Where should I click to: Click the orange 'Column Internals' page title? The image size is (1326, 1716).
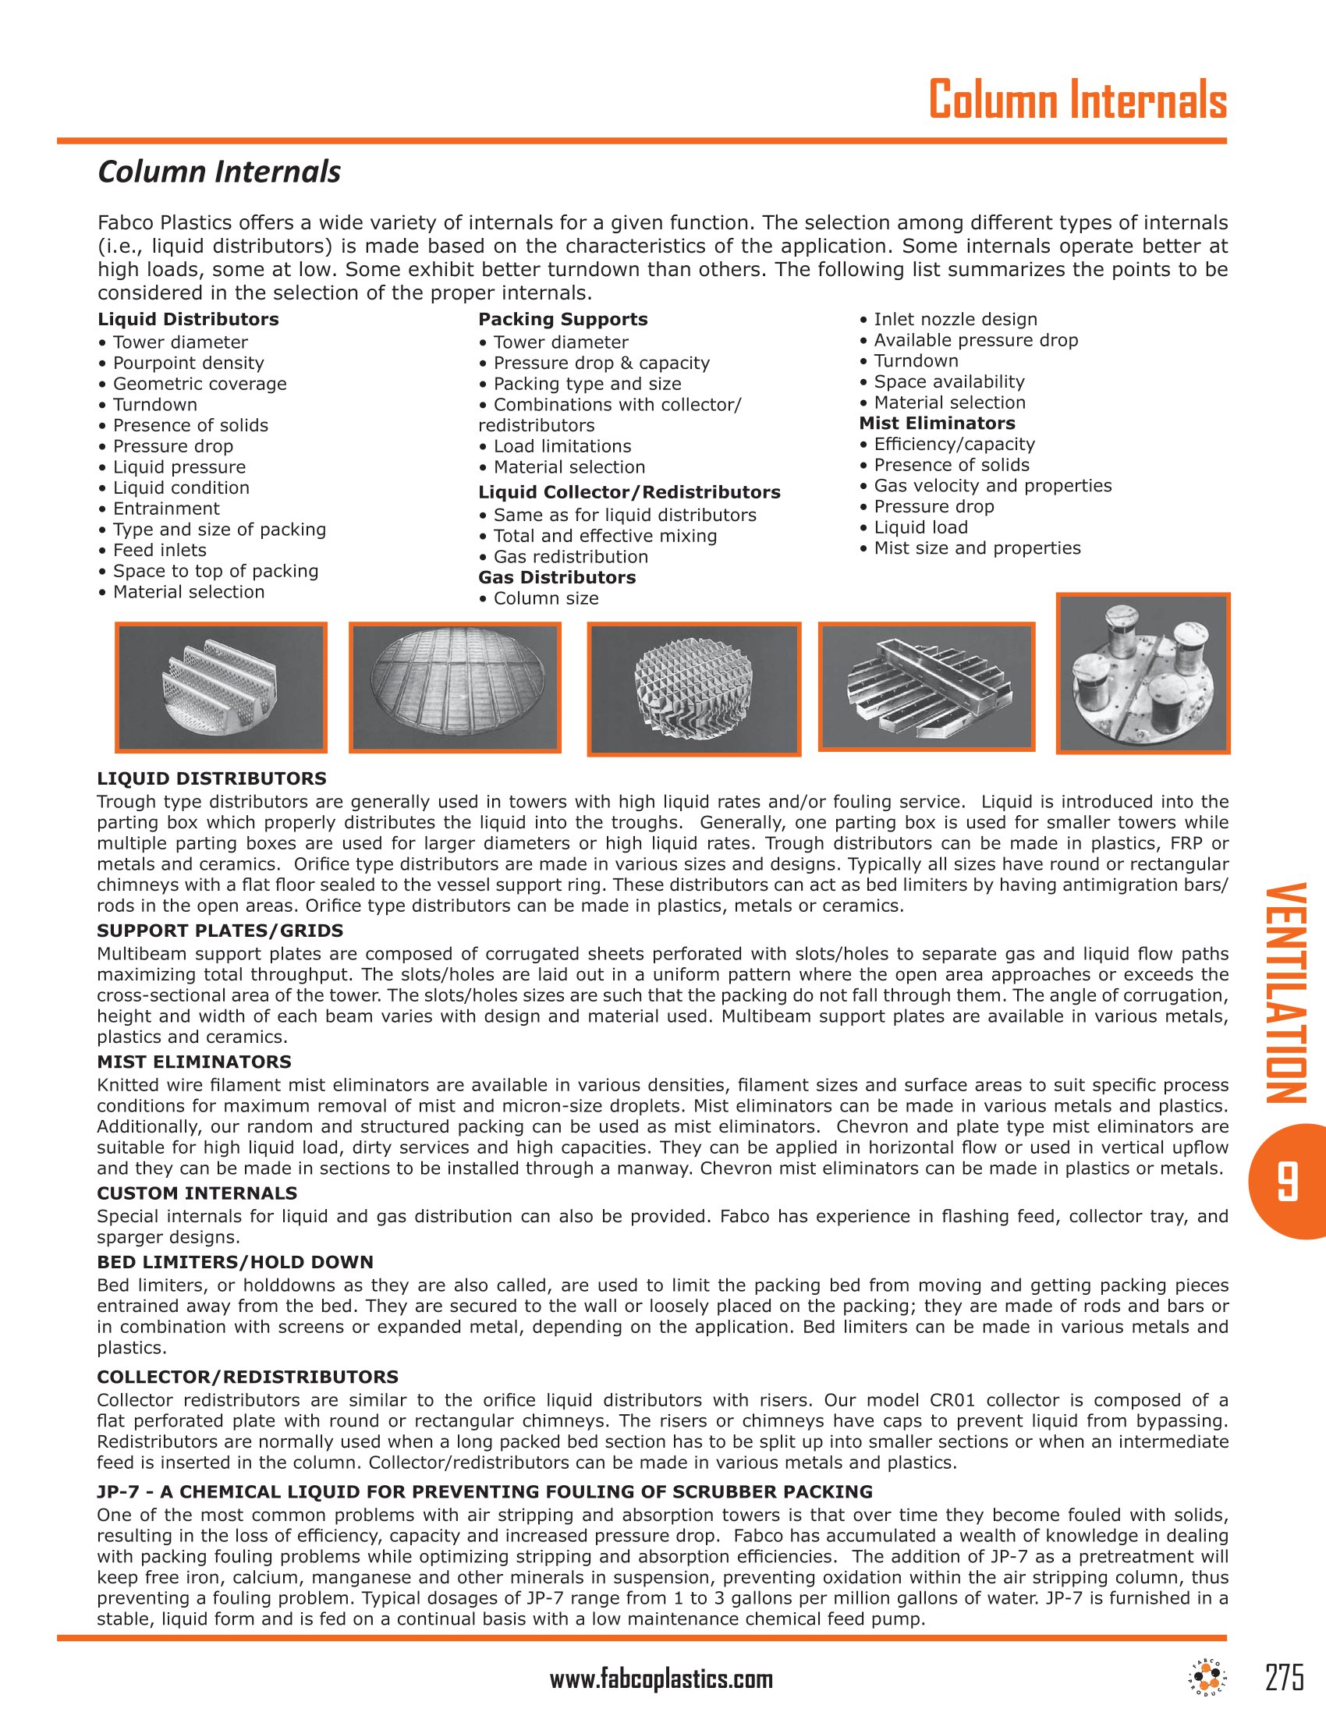click(x=1077, y=101)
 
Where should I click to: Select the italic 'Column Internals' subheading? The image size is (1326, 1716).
click(x=219, y=172)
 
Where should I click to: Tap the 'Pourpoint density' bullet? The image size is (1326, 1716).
click(x=188, y=363)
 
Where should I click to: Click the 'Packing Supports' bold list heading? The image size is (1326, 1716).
click(x=562, y=319)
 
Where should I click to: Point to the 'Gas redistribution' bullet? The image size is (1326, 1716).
click(x=570, y=556)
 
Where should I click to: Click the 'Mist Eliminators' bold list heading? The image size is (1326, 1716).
click(x=936, y=423)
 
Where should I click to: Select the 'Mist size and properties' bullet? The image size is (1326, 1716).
click(x=977, y=548)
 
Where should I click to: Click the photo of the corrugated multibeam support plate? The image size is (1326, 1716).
click(x=221, y=686)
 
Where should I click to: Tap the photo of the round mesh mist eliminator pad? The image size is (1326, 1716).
click(x=455, y=686)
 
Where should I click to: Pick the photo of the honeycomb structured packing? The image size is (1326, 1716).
click(x=693, y=689)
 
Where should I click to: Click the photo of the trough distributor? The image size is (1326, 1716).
click(x=926, y=686)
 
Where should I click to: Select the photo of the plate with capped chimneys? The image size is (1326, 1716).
click(x=1143, y=673)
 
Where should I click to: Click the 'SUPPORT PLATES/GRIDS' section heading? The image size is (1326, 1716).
click(x=220, y=931)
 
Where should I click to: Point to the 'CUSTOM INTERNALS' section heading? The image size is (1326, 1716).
click(x=197, y=1193)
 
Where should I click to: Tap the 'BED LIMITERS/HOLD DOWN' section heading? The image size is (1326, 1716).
click(x=235, y=1262)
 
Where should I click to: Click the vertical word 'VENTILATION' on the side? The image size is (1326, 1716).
click(x=1286, y=993)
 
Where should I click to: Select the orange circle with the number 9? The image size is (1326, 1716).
click(x=1286, y=1181)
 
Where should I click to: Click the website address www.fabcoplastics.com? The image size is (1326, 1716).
click(x=661, y=1679)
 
